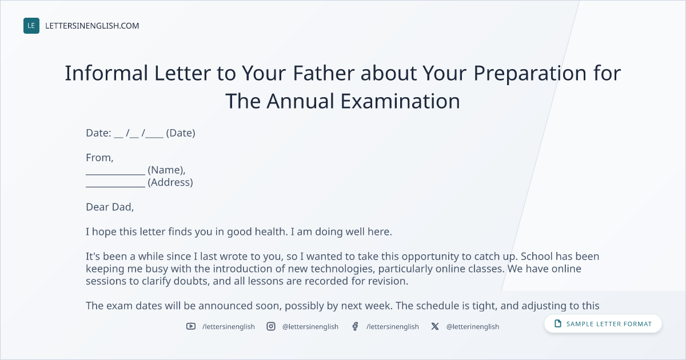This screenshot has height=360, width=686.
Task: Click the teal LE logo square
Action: coord(31,26)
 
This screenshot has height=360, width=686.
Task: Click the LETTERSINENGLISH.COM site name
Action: coord(92,26)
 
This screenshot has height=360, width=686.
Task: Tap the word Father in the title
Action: coord(324,73)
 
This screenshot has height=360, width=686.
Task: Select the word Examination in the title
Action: coord(400,101)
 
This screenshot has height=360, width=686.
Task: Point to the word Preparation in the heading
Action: coord(530,74)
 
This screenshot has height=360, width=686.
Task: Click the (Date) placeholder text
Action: coord(181,133)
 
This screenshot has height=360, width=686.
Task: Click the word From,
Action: coord(99,158)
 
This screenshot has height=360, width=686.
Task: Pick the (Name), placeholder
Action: coord(166,170)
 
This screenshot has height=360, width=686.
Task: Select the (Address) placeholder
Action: coord(170,182)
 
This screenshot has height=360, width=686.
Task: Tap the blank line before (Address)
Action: coord(115,186)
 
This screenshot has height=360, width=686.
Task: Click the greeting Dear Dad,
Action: coord(110,207)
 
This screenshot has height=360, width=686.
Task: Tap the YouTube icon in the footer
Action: coord(191,326)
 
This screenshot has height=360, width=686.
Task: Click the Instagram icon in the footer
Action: coord(271,326)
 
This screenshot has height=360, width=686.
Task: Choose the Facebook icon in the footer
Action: coord(355,326)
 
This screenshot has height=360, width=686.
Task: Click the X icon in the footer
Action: coord(435,326)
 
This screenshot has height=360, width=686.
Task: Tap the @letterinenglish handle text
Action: coord(473,327)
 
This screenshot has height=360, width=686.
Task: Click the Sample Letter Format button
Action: coord(603,324)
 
